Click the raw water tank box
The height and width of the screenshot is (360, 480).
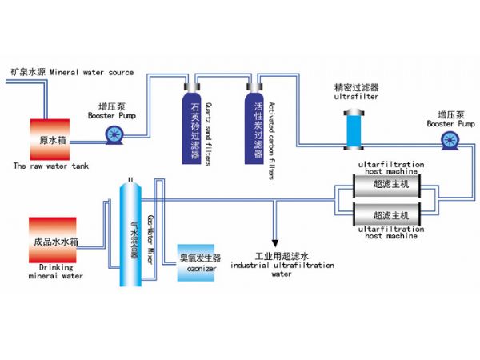tap(53, 139)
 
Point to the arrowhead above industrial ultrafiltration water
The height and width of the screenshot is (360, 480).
tap(274, 242)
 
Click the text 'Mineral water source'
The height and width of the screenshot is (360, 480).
tap(92, 73)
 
